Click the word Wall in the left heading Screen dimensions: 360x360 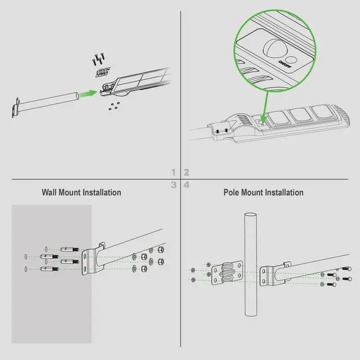tap(50, 192)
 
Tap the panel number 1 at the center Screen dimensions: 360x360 tap(174, 172)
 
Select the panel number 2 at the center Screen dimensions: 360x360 tap(186, 172)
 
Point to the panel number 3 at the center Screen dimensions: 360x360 tap(174, 184)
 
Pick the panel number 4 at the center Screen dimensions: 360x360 tap(186, 184)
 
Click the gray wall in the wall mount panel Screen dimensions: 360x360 tap(51, 304)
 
